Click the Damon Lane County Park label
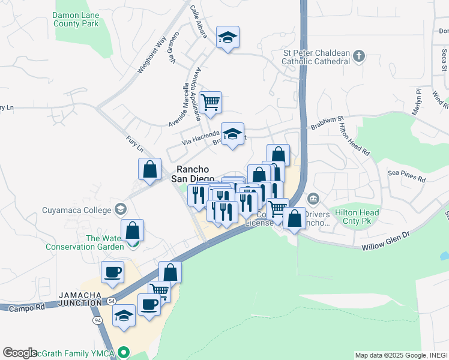click(76, 19)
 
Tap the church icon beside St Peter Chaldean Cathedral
click(359, 56)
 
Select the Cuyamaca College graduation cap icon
click(121, 209)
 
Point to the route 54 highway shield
click(112, 299)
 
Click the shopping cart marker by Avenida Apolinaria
click(211, 103)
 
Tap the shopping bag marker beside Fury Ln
click(149, 169)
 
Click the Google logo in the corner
click(20, 352)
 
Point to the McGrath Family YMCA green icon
click(124, 352)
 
